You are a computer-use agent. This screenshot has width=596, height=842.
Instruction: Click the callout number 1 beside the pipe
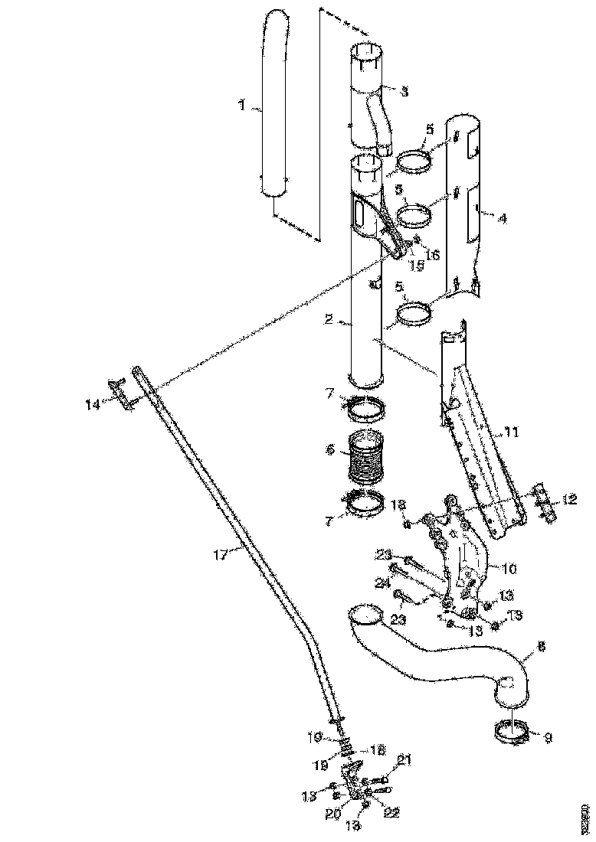pos(242,106)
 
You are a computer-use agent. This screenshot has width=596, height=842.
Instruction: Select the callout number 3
pos(404,90)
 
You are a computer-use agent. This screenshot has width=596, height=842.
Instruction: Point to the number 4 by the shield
pos(502,218)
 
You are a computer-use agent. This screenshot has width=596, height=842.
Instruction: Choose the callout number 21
pos(405,759)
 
